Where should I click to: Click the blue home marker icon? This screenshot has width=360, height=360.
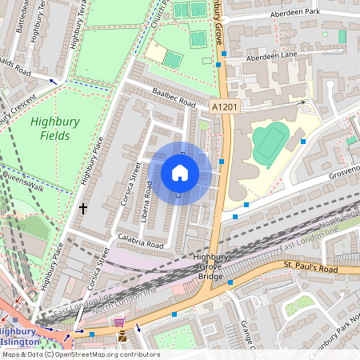click(x=180, y=173)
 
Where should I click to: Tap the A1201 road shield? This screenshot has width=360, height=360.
click(x=225, y=106)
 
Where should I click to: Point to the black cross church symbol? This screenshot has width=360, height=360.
click(x=83, y=208)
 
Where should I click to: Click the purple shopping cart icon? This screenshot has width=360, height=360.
click(x=119, y=322)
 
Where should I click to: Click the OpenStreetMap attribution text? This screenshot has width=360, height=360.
click(x=80, y=354)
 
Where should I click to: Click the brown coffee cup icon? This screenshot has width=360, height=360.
click(x=122, y=338)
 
